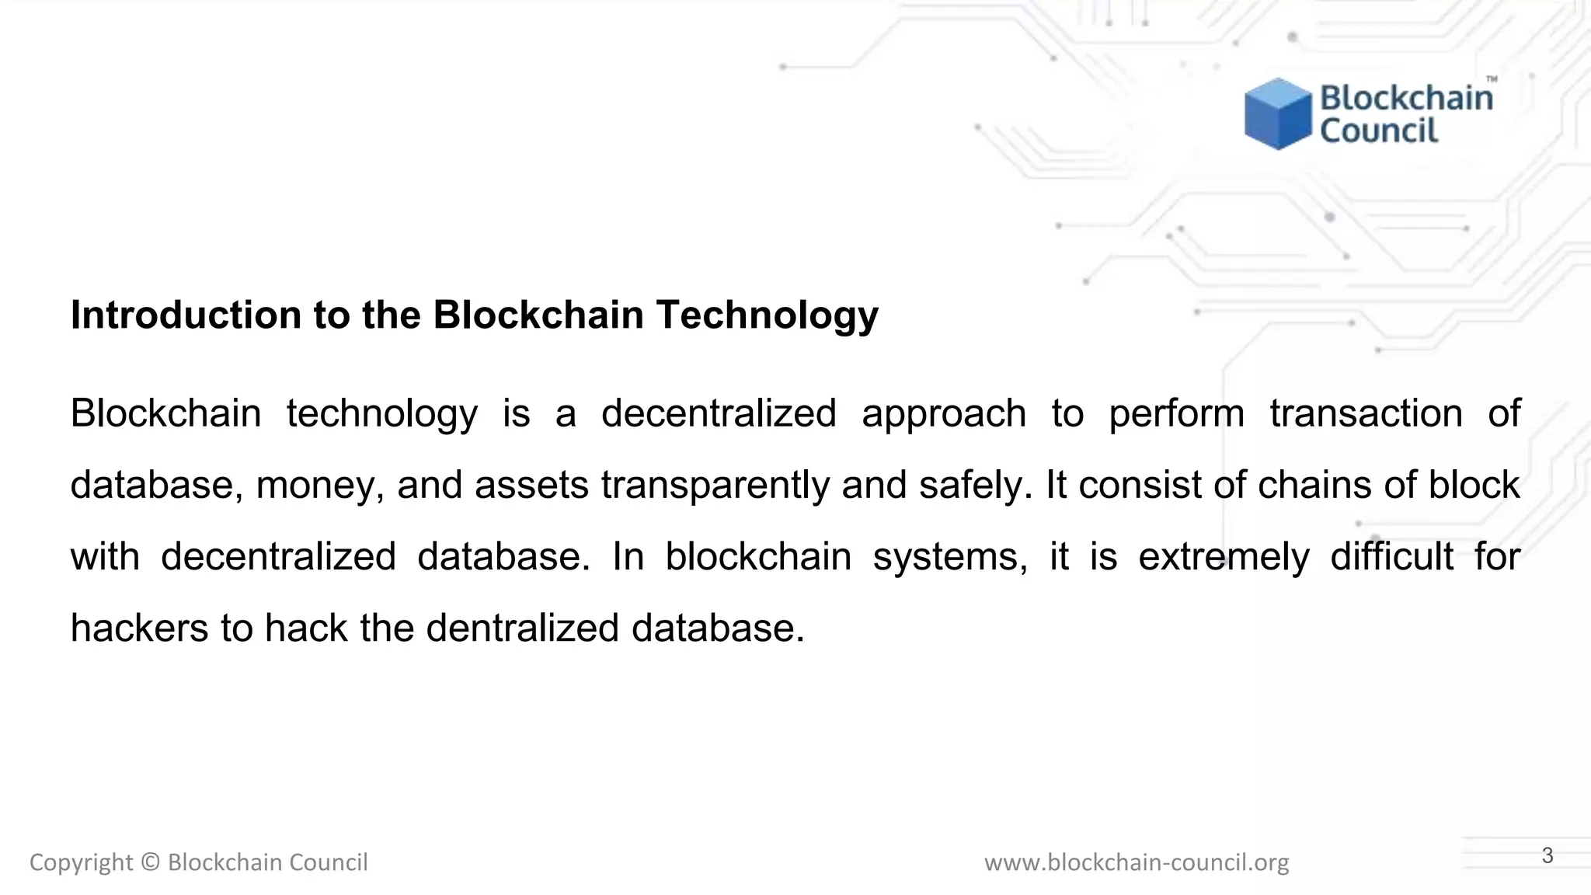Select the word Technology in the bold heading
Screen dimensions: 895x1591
pyautogui.click(x=767, y=315)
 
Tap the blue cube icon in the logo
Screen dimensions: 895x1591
pyautogui.click(x=1277, y=113)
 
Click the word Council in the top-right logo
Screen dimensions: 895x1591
pyautogui.click(x=1379, y=131)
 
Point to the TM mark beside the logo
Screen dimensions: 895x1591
pyautogui.click(x=1492, y=79)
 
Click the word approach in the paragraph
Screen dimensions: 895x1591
pyautogui.click(x=943, y=413)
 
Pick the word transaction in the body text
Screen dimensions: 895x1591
pyautogui.click(x=1366, y=413)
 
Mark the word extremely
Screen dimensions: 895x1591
pyautogui.click(x=1224, y=557)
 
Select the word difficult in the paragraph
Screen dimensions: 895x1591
pyautogui.click(x=1391, y=557)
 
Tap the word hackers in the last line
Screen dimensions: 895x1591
pyautogui.click(x=139, y=628)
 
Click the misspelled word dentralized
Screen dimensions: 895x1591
pyautogui.click(x=522, y=628)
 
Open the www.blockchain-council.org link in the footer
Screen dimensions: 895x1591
pyautogui.click(x=1136, y=862)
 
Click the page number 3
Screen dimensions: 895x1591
pyautogui.click(x=1547, y=856)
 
